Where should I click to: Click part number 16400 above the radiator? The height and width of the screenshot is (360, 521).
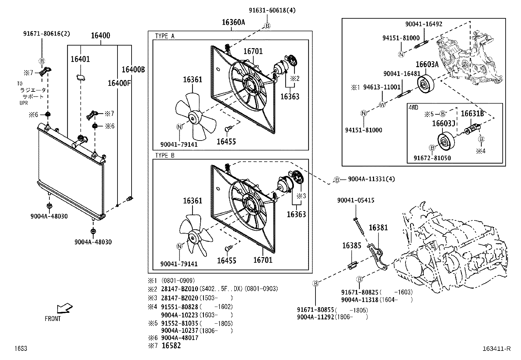[x=100, y=36]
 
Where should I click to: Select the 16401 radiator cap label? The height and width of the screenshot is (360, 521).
[x=80, y=59]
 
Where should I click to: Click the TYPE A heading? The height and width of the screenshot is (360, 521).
[x=165, y=36]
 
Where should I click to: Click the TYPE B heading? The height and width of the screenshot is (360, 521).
[x=165, y=155]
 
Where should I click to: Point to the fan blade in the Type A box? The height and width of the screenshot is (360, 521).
[x=195, y=116]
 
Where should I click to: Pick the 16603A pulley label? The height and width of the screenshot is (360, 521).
[x=427, y=65]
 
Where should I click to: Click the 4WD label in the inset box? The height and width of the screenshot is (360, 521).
[x=414, y=107]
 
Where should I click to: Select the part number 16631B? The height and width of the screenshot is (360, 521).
[x=472, y=113]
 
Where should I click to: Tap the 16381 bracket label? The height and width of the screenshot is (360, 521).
[x=378, y=227]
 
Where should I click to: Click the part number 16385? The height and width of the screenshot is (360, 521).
[x=352, y=245]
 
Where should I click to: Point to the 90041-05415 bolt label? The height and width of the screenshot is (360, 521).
[x=356, y=200]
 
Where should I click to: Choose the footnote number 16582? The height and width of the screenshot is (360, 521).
[x=171, y=346]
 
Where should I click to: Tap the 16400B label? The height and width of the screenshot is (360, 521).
[x=133, y=69]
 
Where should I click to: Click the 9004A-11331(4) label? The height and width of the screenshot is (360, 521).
[x=371, y=179]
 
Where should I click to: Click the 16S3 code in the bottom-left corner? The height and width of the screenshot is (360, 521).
[x=20, y=349]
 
